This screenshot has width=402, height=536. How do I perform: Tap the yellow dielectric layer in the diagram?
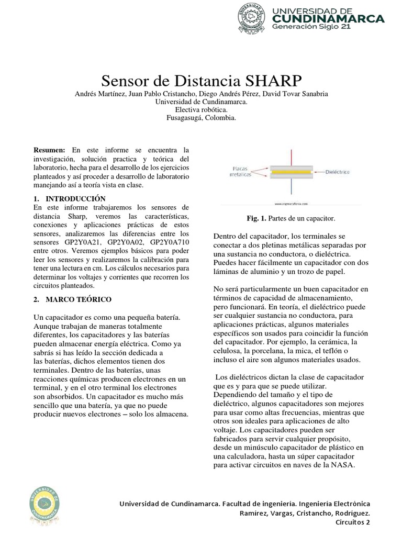click(x=291, y=171)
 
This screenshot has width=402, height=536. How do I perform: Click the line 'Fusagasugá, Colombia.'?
click(x=202, y=118)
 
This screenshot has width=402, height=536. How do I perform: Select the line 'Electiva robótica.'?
click(x=202, y=110)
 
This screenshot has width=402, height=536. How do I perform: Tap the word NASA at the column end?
click(x=343, y=464)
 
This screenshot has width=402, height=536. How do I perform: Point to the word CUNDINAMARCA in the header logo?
click(x=329, y=19)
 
